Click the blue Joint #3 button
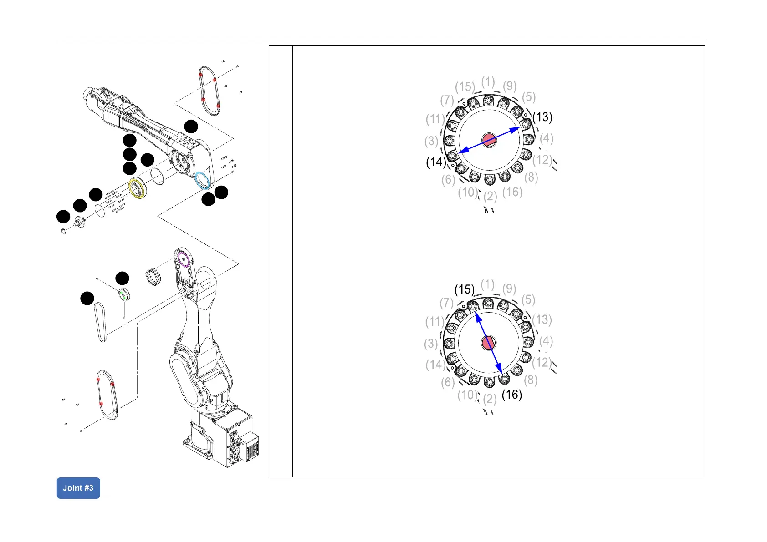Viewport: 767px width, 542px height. point(78,488)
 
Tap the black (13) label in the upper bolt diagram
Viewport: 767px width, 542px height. point(542,117)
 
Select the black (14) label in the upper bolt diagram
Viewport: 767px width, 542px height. point(436,162)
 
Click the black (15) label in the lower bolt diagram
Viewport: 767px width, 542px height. point(465,289)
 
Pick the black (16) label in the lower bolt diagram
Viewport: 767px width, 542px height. point(511,395)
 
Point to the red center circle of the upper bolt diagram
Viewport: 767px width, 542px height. point(489,140)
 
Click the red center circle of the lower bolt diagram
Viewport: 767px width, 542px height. point(489,343)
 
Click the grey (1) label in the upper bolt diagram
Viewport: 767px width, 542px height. point(488,82)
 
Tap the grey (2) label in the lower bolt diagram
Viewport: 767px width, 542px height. point(490,399)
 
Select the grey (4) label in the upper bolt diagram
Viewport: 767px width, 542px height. point(547,138)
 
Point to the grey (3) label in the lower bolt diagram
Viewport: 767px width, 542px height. point(431,344)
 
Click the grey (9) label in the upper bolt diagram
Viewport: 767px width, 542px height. point(510,86)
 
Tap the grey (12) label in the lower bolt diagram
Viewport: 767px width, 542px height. point(542,362)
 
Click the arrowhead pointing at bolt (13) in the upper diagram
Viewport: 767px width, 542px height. point(516,129)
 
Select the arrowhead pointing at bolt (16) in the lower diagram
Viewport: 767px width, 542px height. point(499,369)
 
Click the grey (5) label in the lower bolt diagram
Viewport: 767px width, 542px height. point(528,299)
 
